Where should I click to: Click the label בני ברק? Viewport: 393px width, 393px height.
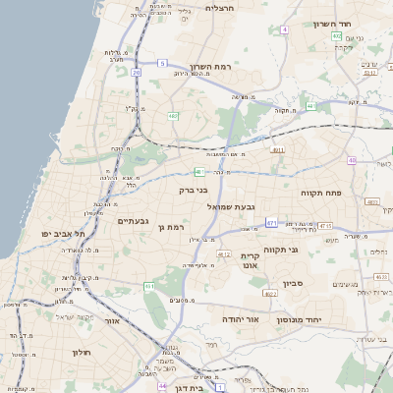pos(194,191)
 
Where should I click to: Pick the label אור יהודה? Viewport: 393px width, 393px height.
pos(239,320)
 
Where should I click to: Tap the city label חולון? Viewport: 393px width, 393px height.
pos(81,352)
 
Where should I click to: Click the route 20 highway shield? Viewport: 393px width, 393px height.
pos(136,73)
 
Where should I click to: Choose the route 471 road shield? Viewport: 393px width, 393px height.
pos(270,224)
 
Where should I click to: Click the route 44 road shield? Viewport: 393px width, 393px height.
pos(162,385)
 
